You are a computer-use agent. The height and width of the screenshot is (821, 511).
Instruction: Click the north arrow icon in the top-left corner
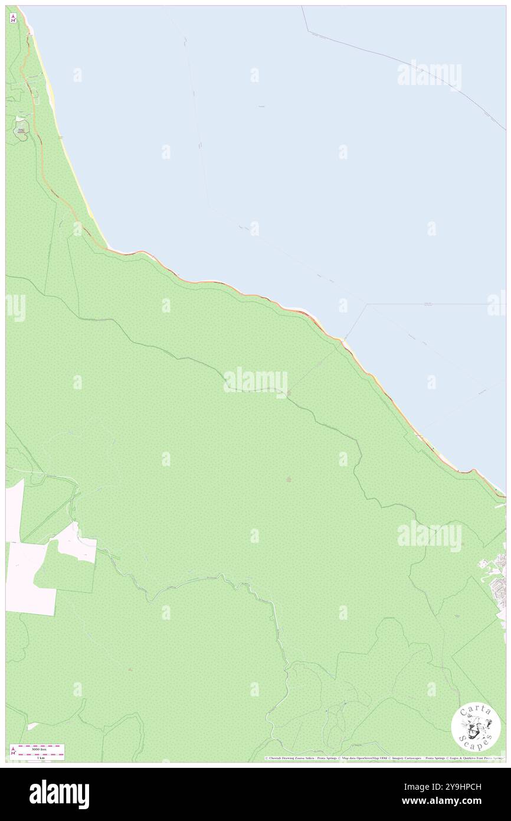pos(13,18)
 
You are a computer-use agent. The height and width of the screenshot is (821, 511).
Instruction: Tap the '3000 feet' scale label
pos(41,748)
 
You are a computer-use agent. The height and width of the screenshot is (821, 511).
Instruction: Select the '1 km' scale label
pos(41,757)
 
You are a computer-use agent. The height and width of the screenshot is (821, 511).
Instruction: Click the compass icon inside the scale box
pos(13,752)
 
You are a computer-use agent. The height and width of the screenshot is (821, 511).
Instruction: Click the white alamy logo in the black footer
pos(59,794)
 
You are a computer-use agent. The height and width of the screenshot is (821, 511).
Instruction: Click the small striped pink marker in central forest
pos(289,480)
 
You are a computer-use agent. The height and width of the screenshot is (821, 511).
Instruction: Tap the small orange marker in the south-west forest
pos(130,669)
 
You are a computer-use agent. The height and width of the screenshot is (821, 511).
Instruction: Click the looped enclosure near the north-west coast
pos(22,129)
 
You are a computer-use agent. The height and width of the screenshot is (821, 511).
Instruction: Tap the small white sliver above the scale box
pos(32,726)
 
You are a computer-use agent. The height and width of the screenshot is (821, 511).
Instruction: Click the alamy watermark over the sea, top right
pos(429,75)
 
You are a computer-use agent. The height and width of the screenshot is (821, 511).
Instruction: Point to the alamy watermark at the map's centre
pos(255,381)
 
